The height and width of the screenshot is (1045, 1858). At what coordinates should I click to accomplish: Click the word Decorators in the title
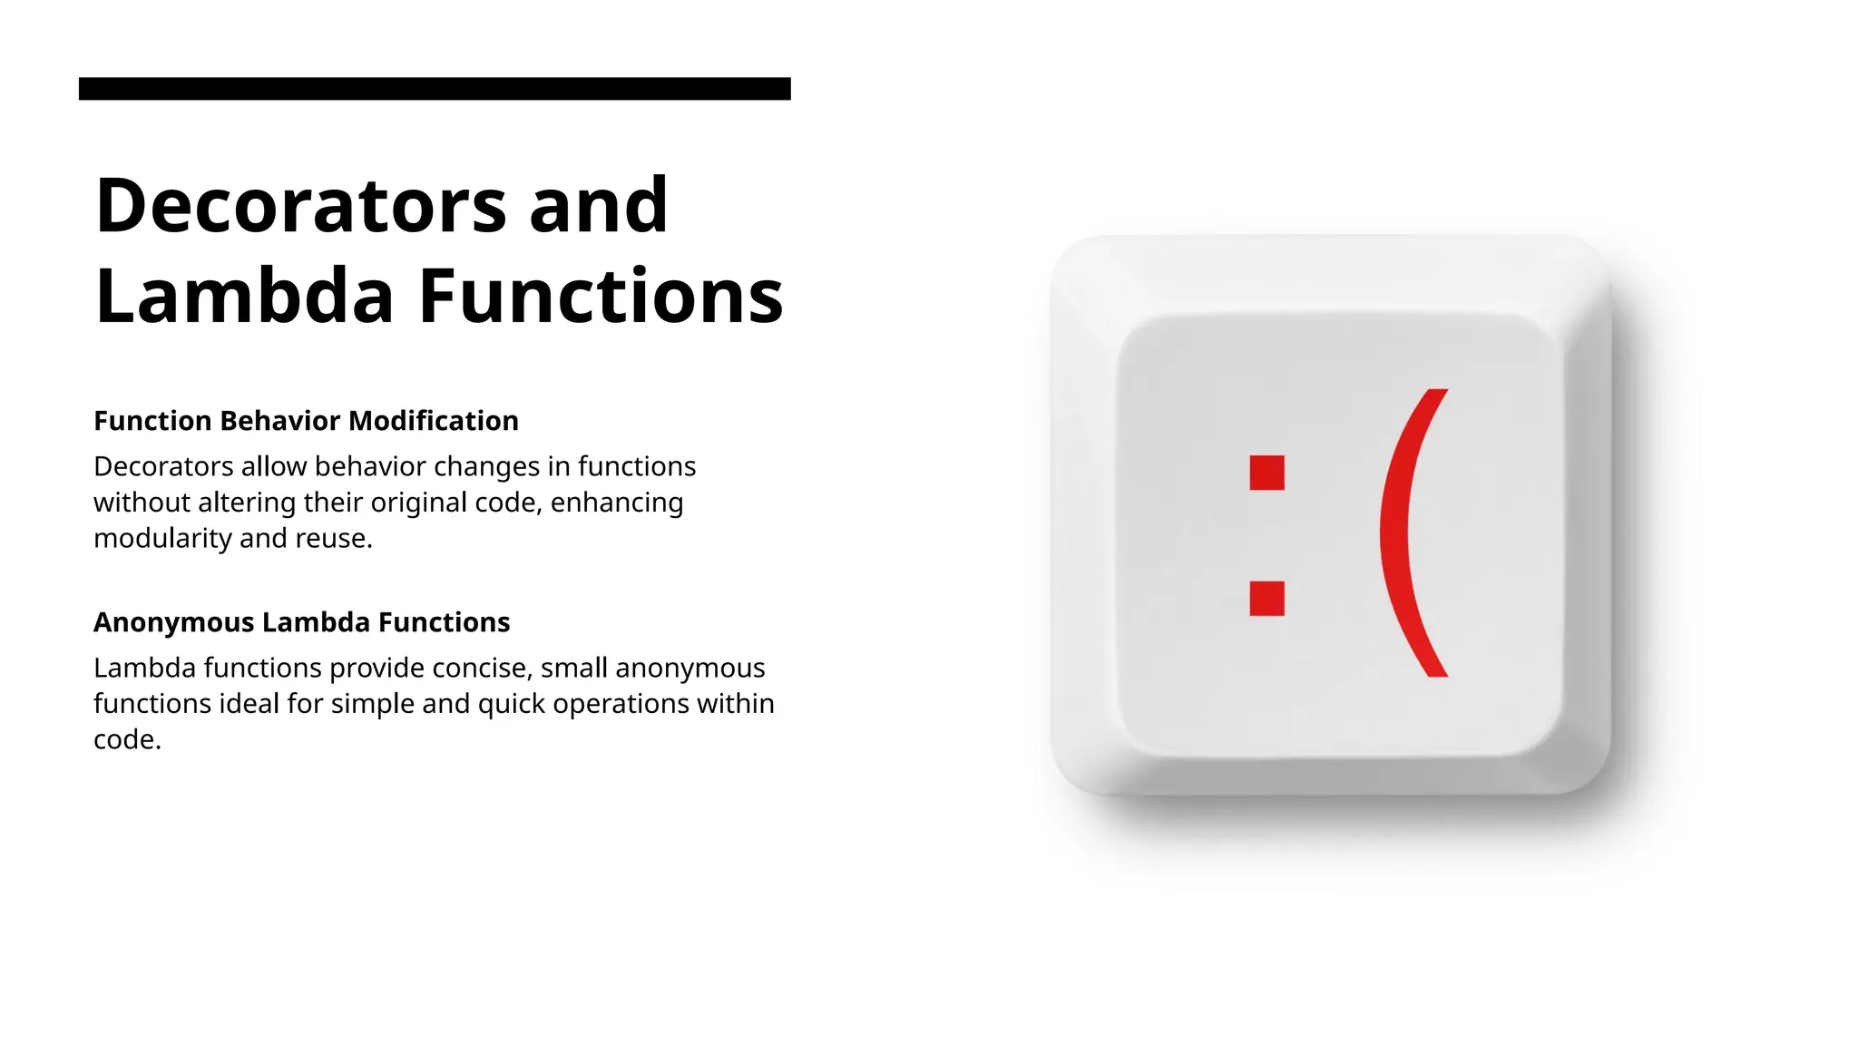point(300,205)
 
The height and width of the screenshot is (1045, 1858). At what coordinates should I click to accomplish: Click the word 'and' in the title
point(599,205)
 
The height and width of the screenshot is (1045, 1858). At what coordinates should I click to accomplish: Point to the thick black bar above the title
point(435,89)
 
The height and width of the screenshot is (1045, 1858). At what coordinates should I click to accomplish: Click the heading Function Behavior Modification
point(306,421)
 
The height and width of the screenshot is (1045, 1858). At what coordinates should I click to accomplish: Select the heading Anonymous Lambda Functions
point(301,622)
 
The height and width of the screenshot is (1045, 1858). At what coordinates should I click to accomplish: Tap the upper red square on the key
point(1266,473)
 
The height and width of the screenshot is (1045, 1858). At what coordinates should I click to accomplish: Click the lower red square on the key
point(1266,599)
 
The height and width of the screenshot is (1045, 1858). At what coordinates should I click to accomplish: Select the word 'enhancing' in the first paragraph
point(617,503)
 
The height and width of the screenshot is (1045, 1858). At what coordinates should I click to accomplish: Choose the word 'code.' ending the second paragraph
point(127,740)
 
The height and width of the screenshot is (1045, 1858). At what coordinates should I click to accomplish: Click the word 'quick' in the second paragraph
point(511,705)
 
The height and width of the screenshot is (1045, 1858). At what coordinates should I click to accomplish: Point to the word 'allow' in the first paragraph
point(274,466)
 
